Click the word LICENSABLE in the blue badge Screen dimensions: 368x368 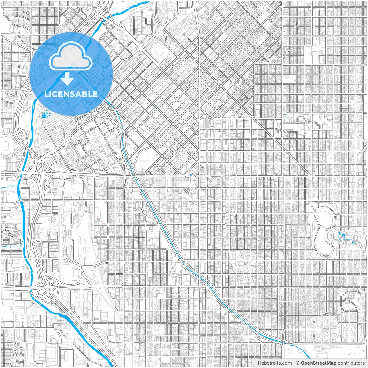[x=71, y=94]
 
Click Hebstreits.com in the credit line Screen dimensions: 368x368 [x=274, y=363]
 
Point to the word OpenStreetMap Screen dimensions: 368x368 [x=319, y=363]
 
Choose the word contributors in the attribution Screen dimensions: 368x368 [x=351, y=363]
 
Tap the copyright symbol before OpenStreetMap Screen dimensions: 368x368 [x=298, y=363]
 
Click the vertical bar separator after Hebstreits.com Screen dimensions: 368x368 [x=294, y=363]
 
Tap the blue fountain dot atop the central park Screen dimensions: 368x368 [x=191, y=175]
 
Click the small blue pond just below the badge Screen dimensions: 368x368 [x=45, y=116]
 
